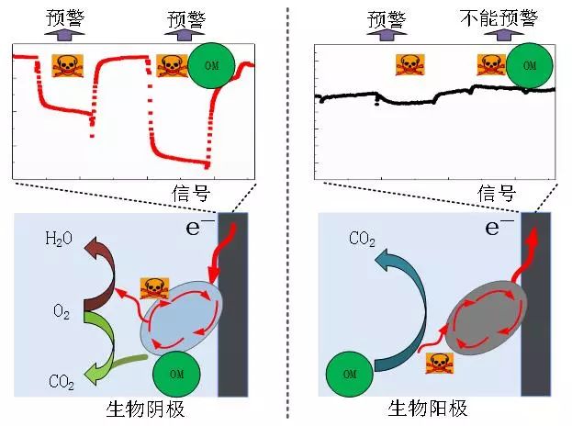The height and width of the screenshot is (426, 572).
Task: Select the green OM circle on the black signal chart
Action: (528, 66)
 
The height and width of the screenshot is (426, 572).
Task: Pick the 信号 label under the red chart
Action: (190, 193)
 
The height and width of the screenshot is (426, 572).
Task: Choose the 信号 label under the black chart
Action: (497, 193)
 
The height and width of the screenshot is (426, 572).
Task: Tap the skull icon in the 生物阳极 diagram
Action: (439, 363)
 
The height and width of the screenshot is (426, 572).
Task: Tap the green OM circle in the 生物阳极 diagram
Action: (349, 375)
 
